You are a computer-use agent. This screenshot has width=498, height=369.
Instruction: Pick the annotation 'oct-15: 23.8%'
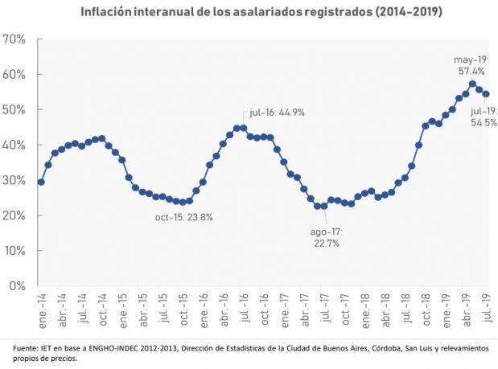point(184,217)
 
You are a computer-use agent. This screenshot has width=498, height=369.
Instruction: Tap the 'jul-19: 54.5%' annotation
point(484,117)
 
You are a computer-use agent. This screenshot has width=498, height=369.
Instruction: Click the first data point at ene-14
point(41,182)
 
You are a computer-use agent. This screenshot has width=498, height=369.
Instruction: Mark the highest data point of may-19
point(472,84)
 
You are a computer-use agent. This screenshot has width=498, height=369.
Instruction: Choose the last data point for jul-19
point(486,94)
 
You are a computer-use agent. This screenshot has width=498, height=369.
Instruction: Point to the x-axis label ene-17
point(284,307)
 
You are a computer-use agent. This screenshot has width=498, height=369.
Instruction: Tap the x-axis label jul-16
point(242,307)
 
